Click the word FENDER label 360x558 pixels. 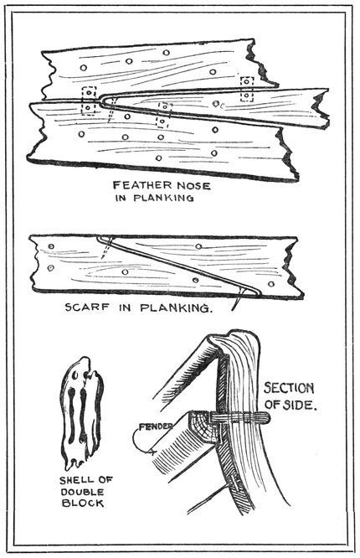tap(156, 426)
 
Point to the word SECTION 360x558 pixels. tap(289, 388)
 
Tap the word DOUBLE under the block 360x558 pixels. tap(82, 492)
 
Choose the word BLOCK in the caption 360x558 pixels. tap(83, 503)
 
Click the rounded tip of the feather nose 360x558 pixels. tap(103, 100)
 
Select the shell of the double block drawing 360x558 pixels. tap(81, 413)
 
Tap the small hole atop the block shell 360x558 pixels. tap(75, 375)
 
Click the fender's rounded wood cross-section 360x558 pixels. tap(203, 427)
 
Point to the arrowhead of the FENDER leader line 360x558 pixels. tap(153, 452)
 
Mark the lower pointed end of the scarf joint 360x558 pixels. tap(259, 293)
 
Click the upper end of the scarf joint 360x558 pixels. tap(99, 237)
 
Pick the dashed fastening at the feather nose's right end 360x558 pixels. tap(246, 89)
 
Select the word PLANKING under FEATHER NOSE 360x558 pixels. tap(163, 198)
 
